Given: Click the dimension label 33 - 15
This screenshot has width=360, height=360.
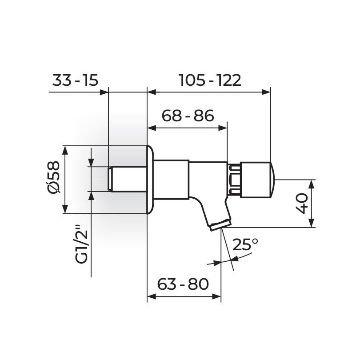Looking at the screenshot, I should (x=75, y=80).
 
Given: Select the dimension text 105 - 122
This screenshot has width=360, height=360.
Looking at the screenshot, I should (x=210, y=80).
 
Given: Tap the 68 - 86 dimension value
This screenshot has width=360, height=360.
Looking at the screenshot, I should (x=188, y=116).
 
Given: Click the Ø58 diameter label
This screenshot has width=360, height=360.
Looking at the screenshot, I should (x=53, y=176).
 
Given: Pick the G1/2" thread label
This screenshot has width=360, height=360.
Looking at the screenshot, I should (x=81, y=244).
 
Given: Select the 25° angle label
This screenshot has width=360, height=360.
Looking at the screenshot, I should (x=245, y=244).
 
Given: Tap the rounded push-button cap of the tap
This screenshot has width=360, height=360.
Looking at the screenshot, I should (x=258, y=180).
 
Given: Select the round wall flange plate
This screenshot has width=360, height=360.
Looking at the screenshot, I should (x=150, y=180).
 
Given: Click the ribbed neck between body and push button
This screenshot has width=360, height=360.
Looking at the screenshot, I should (x=234, y=180).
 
